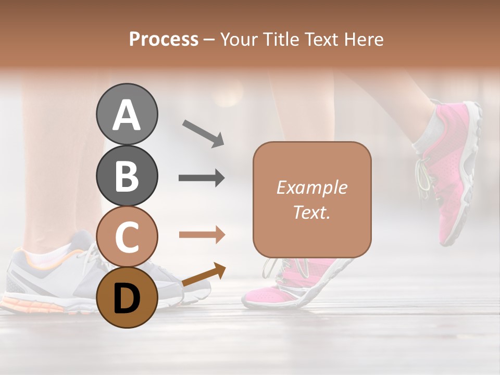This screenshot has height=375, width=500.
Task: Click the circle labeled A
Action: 127,114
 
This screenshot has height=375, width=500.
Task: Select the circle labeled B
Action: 127,176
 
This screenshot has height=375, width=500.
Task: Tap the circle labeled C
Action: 127,237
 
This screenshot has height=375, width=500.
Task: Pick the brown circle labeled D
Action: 127,297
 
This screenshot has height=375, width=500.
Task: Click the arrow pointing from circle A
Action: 203,132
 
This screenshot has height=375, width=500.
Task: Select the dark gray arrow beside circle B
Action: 202,178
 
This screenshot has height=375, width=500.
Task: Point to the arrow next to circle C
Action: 202,235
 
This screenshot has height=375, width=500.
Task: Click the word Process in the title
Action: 164,39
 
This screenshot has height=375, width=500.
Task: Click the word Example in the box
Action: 311,187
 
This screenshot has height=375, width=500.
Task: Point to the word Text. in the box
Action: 311,212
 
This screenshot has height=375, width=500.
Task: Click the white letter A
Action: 127,115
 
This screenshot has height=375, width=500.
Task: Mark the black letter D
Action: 127,298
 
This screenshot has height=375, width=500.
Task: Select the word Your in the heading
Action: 238,39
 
